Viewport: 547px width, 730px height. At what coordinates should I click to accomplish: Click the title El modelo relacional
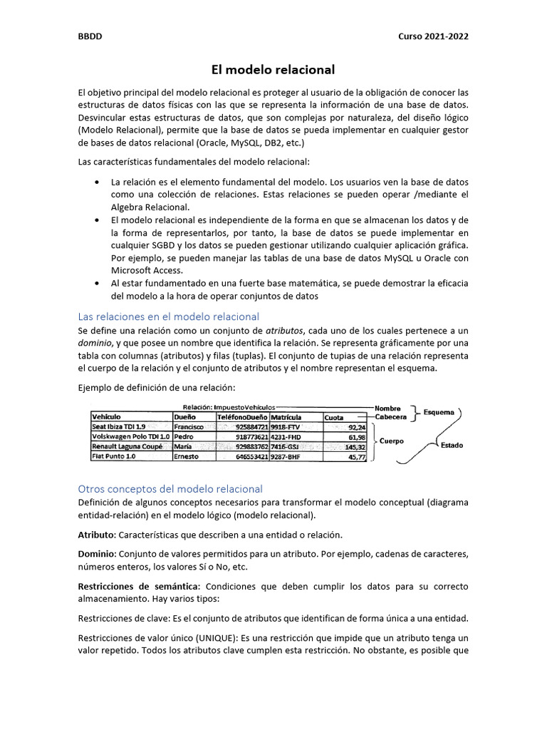coord(273,70)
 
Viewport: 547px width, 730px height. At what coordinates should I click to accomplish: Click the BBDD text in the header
coord(89,37)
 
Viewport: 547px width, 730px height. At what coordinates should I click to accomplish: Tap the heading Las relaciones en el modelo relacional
coord(168,316)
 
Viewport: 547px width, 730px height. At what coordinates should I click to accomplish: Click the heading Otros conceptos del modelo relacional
coord(170,488)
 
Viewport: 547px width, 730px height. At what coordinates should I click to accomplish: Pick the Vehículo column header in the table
coord(106,416)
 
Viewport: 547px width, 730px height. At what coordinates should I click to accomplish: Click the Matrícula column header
coord(286,416)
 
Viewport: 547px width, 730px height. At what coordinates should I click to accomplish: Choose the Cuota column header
coord(334,416)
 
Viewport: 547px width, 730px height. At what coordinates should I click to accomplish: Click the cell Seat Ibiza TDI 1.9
coord(119,427)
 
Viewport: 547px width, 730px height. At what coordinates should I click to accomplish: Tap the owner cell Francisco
coord(189,427)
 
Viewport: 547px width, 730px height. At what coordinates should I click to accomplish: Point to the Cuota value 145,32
coord(355,447)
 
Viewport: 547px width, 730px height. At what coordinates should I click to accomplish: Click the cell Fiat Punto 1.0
coord(113,457)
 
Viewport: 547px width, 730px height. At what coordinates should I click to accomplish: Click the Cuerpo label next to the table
coord(391,441)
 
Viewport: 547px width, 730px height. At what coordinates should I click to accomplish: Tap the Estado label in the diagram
coord(452,446)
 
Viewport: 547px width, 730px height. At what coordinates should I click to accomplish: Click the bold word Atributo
coord(95,534)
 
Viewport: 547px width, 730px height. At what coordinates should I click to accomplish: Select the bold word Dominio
coord(96,553)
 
